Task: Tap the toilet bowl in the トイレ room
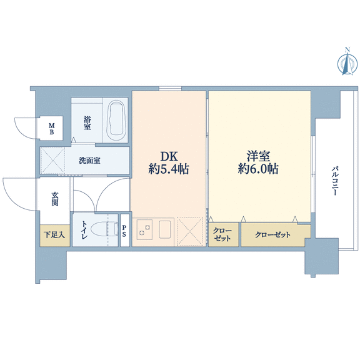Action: tap(104, 229)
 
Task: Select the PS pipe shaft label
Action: tap(124, 231)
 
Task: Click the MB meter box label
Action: tap(52, 129)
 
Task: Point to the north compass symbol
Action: tap(347, 61)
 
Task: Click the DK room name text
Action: tap(169, 156)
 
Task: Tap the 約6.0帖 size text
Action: tap(258, 169)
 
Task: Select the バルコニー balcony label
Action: tap(335, 181)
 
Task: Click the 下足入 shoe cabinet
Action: tap(54, 236)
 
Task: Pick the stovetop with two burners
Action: tap(144, 229)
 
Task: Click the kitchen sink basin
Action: tap(165, 229)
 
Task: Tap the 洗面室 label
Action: tap(89, 161)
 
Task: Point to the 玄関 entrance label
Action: tap(54, 199)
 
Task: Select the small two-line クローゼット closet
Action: tap(223, 235)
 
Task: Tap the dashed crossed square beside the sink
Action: tap(190, 231)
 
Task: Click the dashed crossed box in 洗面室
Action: tap(52, 161)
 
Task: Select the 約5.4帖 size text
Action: tap(169, 169)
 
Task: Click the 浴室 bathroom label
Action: tap(87, 123)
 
